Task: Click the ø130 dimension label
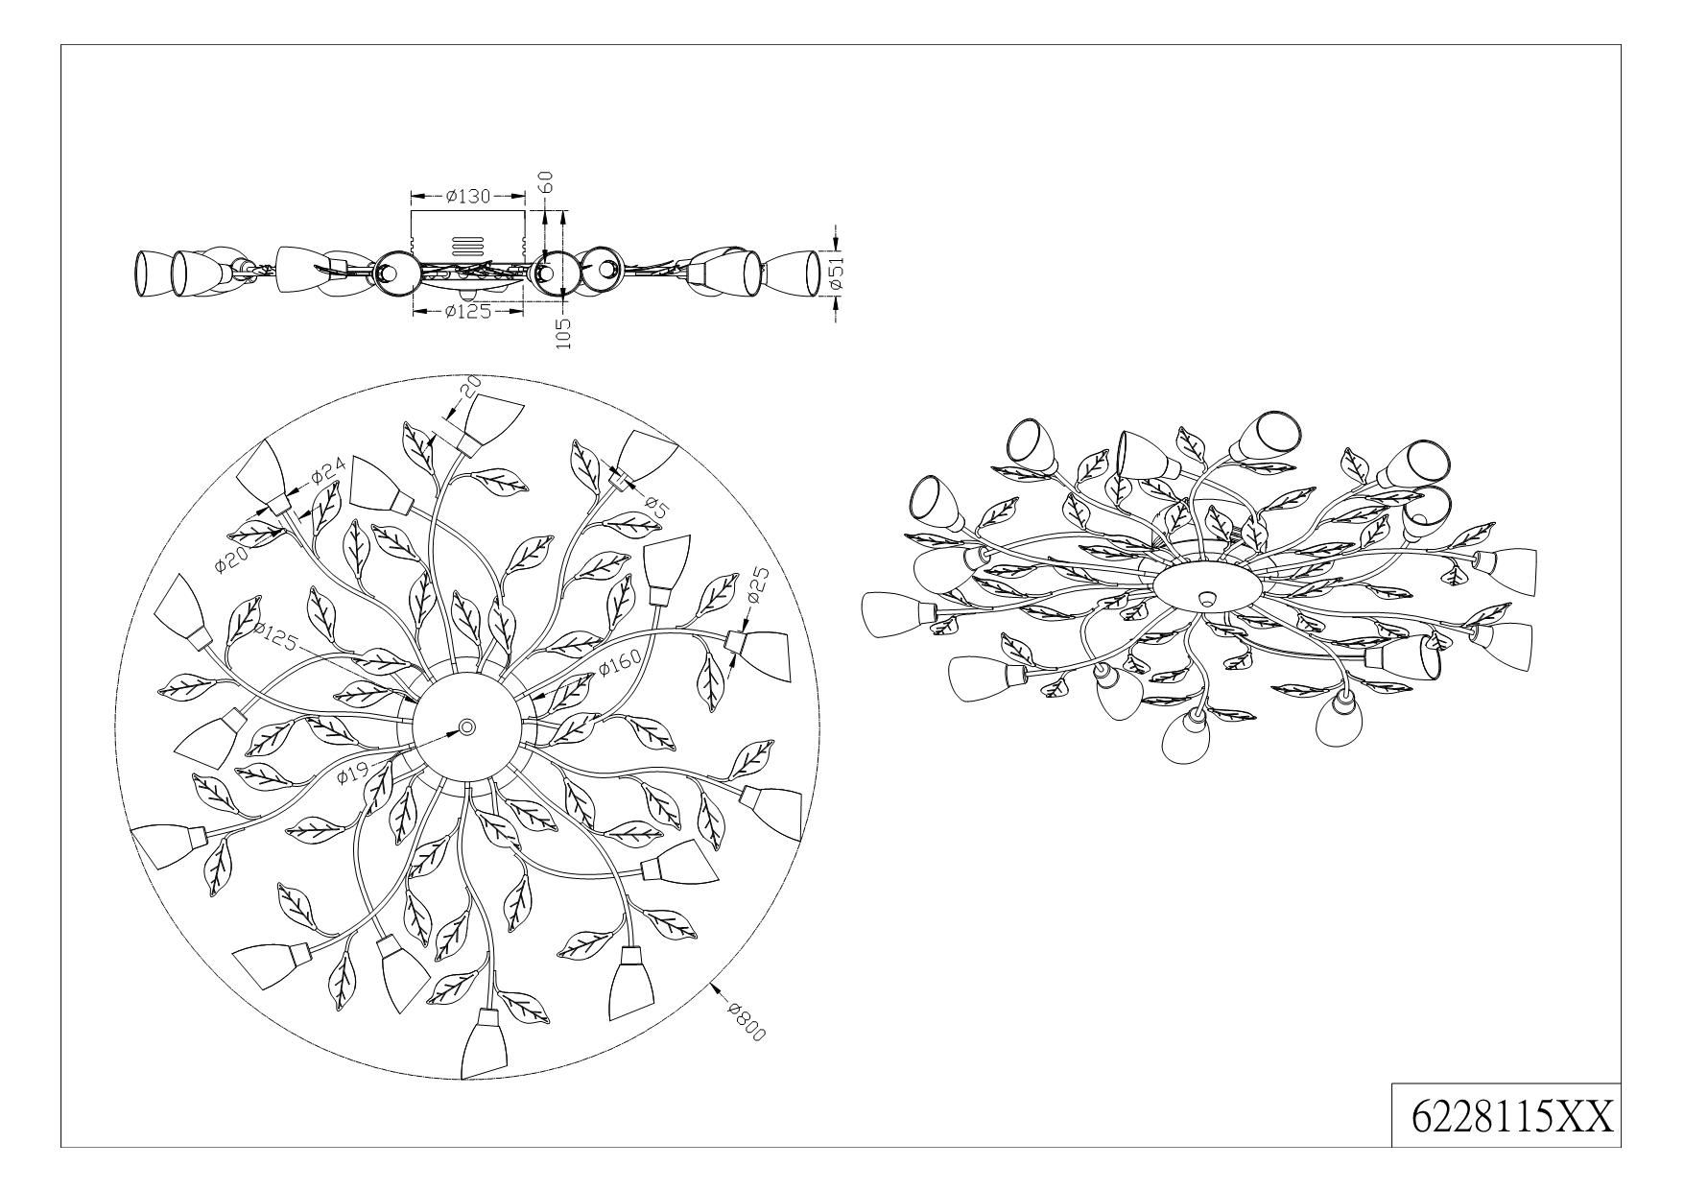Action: pos(468,197)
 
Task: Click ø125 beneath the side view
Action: pos(468,311)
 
